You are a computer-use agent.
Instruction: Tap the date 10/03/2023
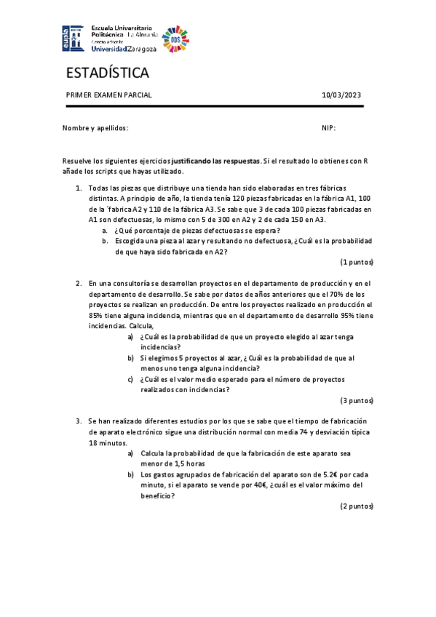pos(341,95)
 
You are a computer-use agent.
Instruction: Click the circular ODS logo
pos(175,38)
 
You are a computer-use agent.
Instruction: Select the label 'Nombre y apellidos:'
pos(95,128)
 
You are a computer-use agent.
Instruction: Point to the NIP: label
pos(328,128)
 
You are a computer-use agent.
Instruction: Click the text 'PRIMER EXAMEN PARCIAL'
pos(108,95)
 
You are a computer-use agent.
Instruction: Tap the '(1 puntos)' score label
pos(357,262)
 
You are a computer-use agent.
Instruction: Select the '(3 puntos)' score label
pos(357,400)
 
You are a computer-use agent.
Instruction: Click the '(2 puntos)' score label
pos(357,506)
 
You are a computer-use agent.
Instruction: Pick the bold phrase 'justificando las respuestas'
pos(215,160)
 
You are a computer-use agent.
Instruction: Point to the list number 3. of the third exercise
pos(79,421)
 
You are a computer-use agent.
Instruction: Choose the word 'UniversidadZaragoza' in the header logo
pos(124,49)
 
